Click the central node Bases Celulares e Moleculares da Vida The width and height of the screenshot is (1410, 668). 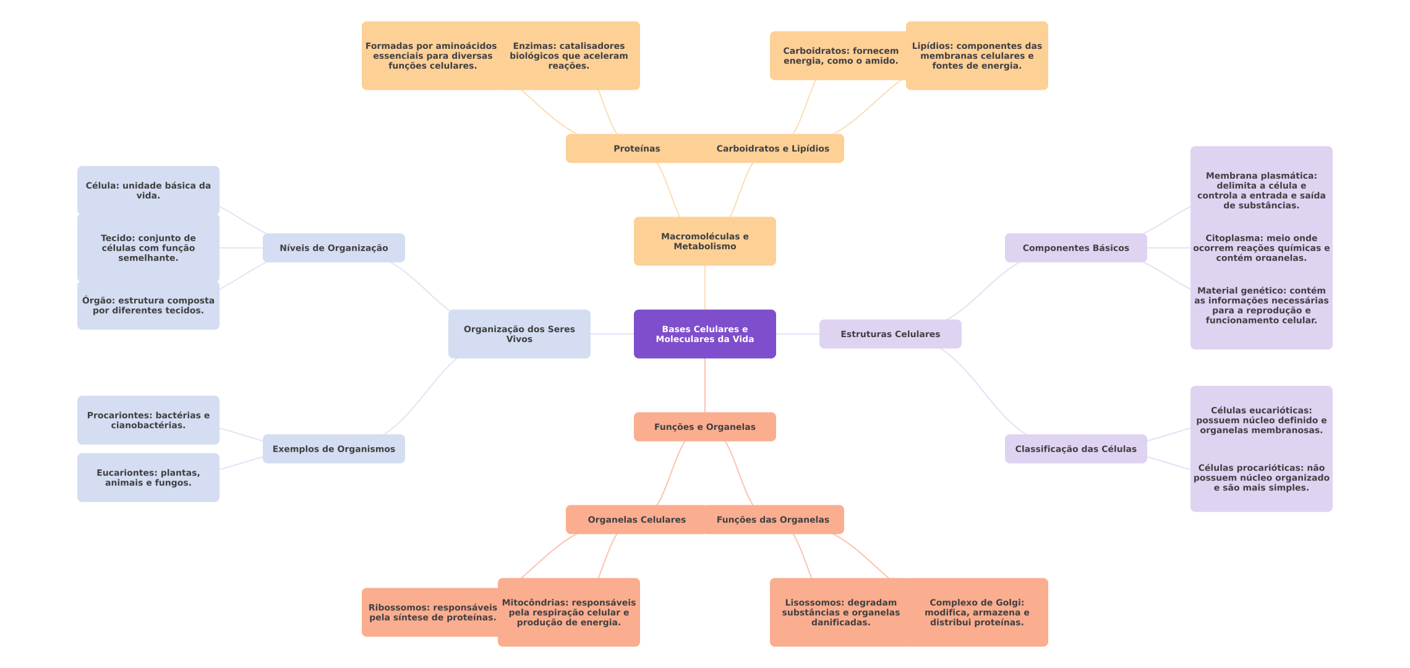click(704, 334)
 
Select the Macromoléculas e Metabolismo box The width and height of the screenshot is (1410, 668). click(704, 241)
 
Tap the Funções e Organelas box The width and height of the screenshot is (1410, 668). click(704, 427)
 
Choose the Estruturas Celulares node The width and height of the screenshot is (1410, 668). click(890, 334)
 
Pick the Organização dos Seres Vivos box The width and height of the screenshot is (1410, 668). click(519, 334)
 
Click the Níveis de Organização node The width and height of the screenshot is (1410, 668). click(333, 248)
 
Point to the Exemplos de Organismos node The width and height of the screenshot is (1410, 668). click(333, 449)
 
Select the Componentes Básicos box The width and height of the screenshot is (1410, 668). click(1075, 248)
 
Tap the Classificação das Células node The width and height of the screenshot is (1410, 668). click(1075, 449)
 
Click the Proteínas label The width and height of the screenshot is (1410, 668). click(636, 148)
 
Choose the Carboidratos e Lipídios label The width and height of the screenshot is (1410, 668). click(772, 148)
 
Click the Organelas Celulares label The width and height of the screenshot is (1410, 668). click(636, 520)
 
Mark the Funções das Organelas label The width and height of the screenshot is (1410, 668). click(772, 520)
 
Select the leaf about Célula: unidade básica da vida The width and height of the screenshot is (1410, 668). click(148, 191)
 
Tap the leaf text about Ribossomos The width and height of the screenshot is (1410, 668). click(432, 612)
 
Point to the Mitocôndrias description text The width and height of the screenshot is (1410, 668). click(568, 612)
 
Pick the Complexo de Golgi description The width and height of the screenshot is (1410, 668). click(976, 612)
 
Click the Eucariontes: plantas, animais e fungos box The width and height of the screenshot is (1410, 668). click(148, 477)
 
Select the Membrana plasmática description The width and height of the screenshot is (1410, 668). click(1261, 191)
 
